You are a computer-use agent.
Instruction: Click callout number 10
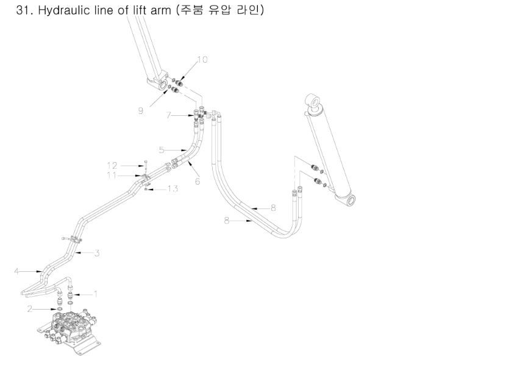point(202,60)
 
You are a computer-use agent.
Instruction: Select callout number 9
point(141,111)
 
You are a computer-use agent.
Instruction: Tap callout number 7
point(168,115)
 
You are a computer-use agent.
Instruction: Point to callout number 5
point(162,150)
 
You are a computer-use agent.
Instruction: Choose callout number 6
point(198,181)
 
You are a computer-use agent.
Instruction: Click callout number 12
point(112,165)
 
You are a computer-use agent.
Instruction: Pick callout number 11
point(112,175)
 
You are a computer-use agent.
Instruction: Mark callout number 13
point(173,189)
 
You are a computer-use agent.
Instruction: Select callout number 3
point(97,254)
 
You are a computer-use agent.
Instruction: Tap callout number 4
point(16,272)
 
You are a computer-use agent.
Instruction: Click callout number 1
point(96,294)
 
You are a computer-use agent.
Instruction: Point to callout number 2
point(30,309)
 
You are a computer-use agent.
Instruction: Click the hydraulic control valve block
point(70,330)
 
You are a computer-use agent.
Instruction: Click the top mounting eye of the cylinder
point(314,101)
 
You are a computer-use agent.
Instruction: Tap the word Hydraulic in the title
point(63,10)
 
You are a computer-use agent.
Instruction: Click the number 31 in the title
point(22,10)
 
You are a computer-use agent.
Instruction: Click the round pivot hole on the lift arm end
point(164,85)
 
